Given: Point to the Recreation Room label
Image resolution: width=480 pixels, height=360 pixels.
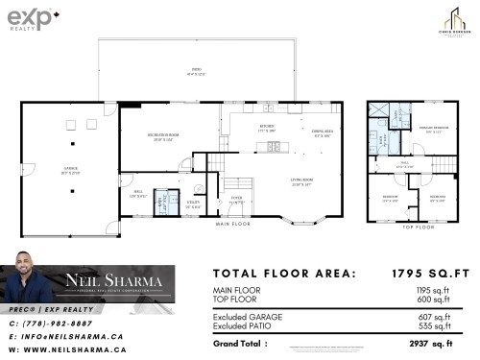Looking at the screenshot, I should pyautogui.click(x=157, y=135).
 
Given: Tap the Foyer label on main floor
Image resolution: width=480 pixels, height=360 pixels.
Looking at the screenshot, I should pyautogui.click(x=235, y=202).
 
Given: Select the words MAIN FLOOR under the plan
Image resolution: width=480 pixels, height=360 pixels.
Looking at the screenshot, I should pyautogui.click(x=231, y=224).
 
